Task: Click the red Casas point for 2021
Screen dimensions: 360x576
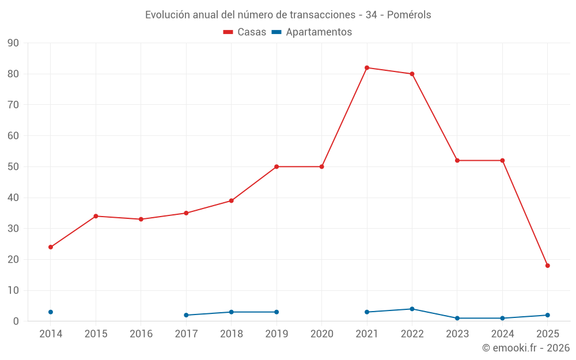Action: pyautogui.click(x=367, y=68)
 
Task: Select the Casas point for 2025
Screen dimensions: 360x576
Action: pyautogui.click(x=548, y=266)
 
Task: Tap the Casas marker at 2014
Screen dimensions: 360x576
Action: pyautogui.click(x=51, y=247)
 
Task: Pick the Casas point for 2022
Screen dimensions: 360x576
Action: pyautogui.click(x=412, y=74)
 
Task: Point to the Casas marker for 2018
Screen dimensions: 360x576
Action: pyautogui.click(x=232, y=201)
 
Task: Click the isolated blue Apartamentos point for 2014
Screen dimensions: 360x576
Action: pyautogui.click(x=51, y=312)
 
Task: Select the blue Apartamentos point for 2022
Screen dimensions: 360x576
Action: pyautogui.click(x=412, y=309)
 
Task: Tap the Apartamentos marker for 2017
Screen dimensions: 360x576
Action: pyautogui.click(x=186, y=315)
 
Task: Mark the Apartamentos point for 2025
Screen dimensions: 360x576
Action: pyautogui.click(x=548, y=315)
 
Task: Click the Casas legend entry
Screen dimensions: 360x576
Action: pyautogui.click(x=245, y=32)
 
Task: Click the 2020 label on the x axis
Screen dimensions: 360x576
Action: pyautogui.click(x=321, y=334)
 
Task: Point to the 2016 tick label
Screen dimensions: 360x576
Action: pyautogui.click(x=141, y=334)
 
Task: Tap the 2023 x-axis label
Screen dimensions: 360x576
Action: pyautogui.click(x=457, y=334)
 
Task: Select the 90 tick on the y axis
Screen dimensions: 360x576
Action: pyautogui.click(x=13, y=43)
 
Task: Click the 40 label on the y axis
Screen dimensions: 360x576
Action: pyautogui.click(x=13, y=198)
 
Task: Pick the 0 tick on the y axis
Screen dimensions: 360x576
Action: pyautogui.click(x=16, y=321)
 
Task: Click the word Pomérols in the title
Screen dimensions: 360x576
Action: pyautogui.click(x=409, y=15)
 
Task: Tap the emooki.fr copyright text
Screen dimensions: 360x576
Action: pyautogui.click(x=525, y=348)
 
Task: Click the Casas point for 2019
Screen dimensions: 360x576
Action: pyautogui.click(x=276, y=167)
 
